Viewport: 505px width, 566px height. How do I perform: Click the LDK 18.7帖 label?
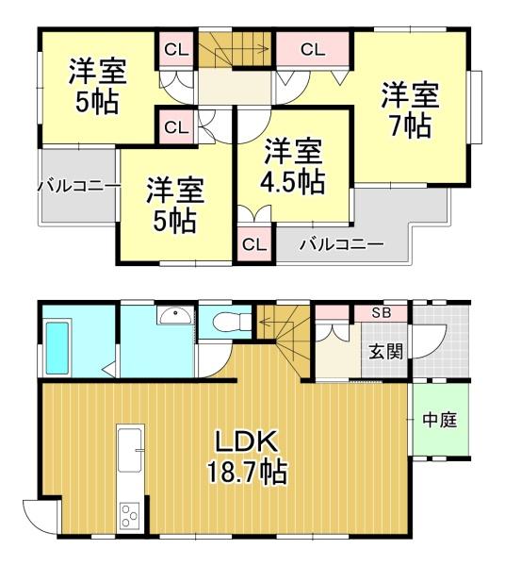click(247, 456)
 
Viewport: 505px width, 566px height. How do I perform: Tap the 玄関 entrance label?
click(386, 351)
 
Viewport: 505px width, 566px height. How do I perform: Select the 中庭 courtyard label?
click(440, 420)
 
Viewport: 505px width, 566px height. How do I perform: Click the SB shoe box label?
click(382, 313)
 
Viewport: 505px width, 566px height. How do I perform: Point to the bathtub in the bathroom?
click(57, 348)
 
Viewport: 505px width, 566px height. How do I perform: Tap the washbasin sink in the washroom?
click(175, 315)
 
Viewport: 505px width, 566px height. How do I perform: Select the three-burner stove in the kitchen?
click(130, 515)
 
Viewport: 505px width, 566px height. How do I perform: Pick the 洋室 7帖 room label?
click(411, 110)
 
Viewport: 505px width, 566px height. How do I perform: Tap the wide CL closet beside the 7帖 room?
click(313, 50)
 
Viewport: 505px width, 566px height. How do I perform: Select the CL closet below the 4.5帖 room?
click(254, 244)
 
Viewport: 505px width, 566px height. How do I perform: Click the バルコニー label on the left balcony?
click(78, 187)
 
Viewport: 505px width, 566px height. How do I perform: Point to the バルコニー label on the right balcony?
click(342, 244)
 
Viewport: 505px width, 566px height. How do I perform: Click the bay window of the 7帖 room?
click(476, 107)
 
